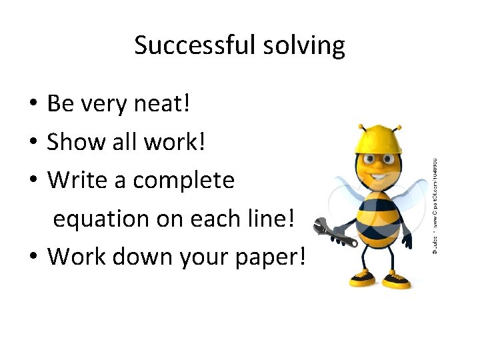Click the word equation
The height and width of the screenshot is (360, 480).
click(x=101, y=219)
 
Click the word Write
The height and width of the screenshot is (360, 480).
click(x=74, y=180)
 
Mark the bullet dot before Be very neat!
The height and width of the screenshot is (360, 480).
click(x=32, y=104)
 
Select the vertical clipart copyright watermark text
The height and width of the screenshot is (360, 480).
click(x=435, y=207)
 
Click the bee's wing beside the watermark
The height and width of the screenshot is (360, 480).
click(x=413, y=193)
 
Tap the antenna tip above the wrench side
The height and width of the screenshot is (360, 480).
click(x=361, y=127)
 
